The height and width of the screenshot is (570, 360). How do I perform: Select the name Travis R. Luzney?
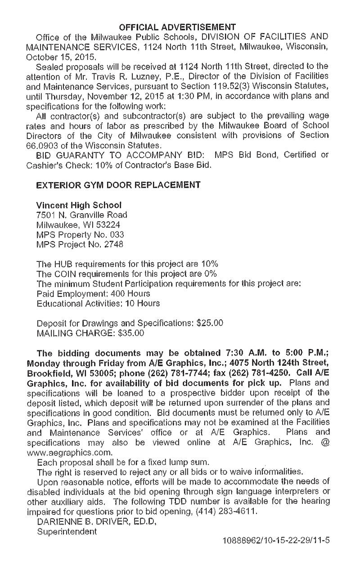tap(108, 76)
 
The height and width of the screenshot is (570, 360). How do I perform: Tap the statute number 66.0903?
tap(42, 146)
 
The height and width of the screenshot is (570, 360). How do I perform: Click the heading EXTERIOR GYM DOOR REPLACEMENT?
tap(118, 185)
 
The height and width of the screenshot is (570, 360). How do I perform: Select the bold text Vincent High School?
tap(79, 205)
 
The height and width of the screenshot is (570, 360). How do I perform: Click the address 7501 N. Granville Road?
tap(82, 215)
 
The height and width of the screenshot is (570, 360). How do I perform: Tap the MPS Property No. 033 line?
tap(80, 234)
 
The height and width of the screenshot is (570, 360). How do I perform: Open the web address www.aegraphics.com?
tap(70, 452)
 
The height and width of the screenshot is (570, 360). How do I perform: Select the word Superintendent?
tap(67, 531)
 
